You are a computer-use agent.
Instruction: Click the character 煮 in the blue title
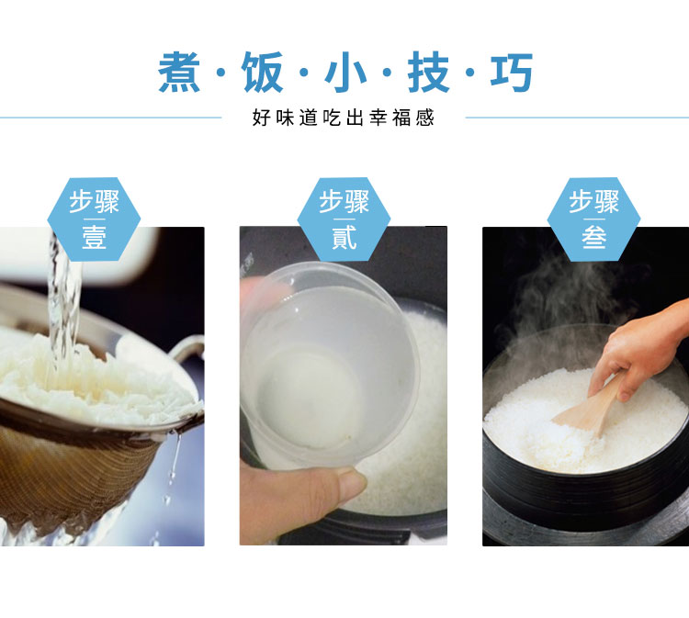click(x=179, y=72)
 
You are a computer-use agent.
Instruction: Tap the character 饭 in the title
click(x=263, y=72)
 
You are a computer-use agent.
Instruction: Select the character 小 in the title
click(x=345, y=72)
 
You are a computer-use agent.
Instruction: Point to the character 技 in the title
click(x=428, y=72)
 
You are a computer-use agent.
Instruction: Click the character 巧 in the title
click(x=512, y=72)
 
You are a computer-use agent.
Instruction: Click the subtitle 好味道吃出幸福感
click(x=344, y=118)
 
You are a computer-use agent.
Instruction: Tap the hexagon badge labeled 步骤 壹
click(x=94, y=219)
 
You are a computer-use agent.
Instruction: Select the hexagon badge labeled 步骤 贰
click(x=344, y=219)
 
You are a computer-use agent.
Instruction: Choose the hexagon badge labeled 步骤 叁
click(x=593, y=219)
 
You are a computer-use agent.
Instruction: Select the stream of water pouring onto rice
click(x=64, y=308)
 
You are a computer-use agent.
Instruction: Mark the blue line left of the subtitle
click(x=111, y=118)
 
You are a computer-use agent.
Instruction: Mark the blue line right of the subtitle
click(x=577, y=118)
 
